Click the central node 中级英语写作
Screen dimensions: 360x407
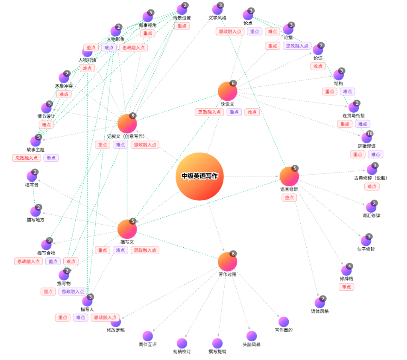(200, 176)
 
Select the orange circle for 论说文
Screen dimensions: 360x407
(227, 91)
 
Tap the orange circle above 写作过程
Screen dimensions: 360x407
(227, 262)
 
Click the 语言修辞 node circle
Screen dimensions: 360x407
(289, 176)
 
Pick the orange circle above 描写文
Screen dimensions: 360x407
(127, 229)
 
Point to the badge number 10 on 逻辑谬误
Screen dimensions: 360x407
(370, 133)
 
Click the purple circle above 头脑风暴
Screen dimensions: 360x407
(252, 336)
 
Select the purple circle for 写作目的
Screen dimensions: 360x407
(284, 322)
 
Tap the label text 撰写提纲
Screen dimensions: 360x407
(217, 351)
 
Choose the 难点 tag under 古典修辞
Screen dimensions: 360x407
(372, 186)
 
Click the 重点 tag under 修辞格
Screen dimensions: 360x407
(346, 287)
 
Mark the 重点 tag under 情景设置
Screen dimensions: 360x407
(182, 26)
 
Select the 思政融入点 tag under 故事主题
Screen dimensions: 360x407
(27, 158)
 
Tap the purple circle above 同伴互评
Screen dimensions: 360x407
(148, 336)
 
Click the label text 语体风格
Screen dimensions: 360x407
(320, 311)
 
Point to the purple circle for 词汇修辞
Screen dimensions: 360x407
(371, 207)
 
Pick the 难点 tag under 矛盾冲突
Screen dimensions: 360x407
(64, 94)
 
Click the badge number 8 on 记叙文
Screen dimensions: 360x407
(133, 115)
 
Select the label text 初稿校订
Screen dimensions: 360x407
(182, 351)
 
